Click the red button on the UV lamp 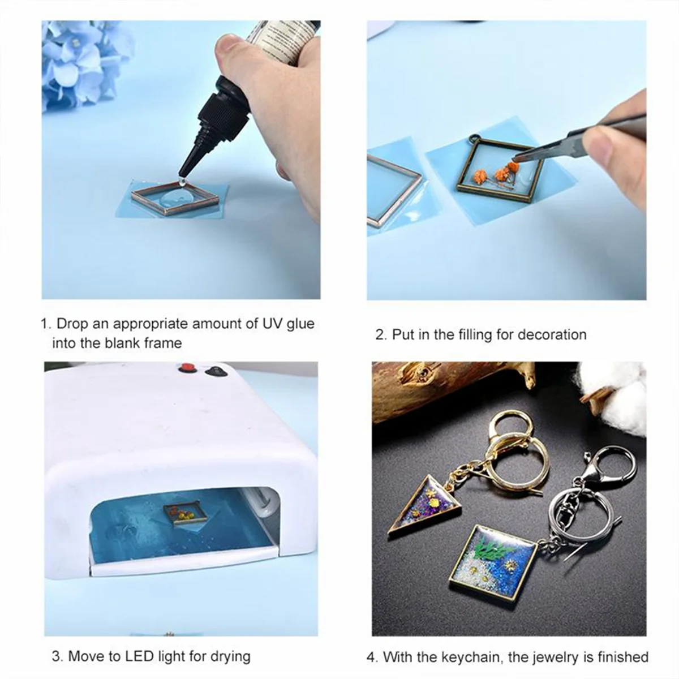184,369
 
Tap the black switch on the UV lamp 216,372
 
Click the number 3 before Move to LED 56,656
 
